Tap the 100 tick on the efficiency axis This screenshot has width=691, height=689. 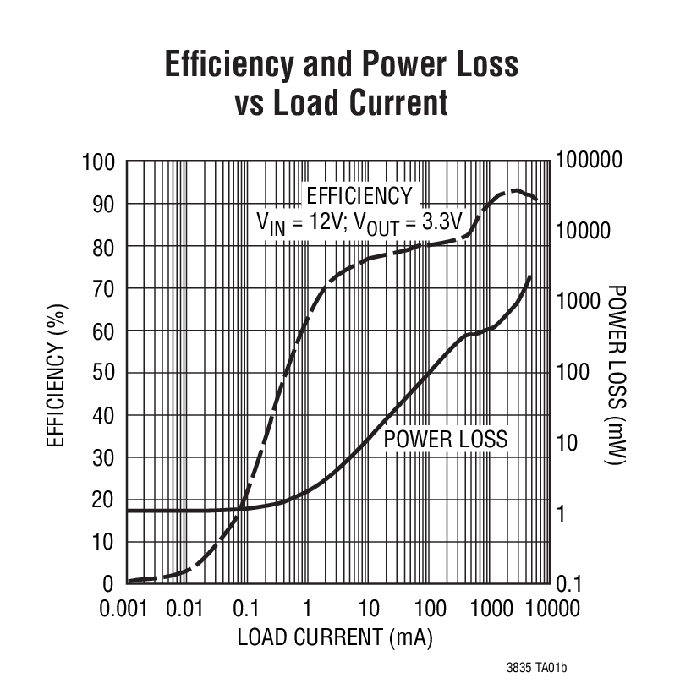point(98,161)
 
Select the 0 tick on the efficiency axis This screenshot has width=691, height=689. point(109,584)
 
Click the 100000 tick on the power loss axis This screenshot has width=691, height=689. point(589,160)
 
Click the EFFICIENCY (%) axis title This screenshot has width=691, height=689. point(56,373)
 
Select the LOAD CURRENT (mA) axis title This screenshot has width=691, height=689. point(335,637)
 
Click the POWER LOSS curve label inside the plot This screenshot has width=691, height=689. point(446,440)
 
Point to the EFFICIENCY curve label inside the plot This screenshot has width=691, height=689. point(359,195)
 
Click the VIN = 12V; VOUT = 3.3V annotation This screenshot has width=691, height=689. point(359,222)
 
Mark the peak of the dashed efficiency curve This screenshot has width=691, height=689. point(513,190)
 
